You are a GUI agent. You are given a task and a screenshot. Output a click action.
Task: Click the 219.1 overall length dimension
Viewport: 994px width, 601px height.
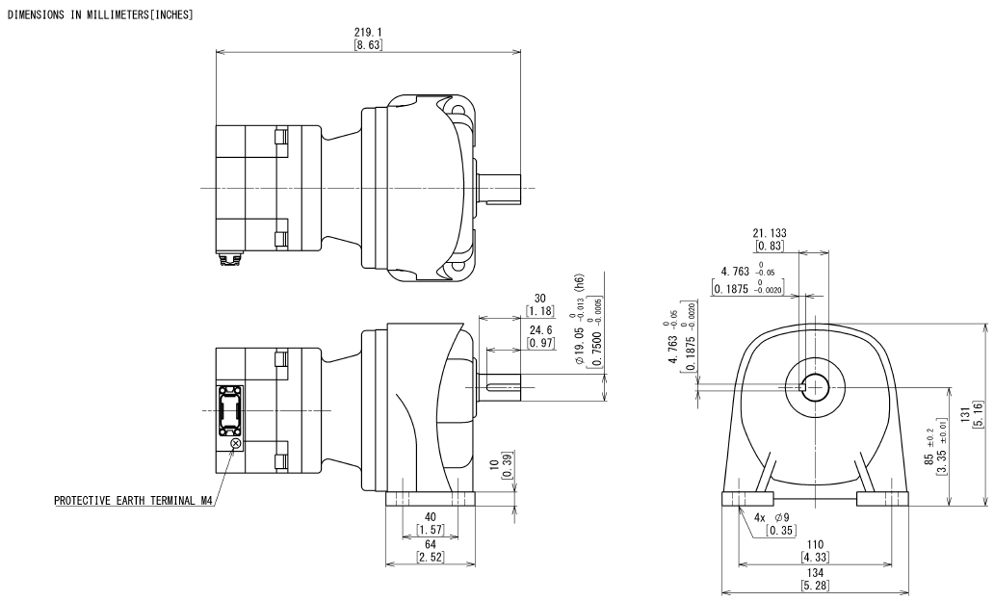[x=368, y=32]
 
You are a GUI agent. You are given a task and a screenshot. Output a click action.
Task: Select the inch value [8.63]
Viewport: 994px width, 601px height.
[x=368, y=45]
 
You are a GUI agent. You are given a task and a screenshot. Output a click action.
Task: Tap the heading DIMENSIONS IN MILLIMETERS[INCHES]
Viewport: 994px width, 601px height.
[x=100, y=14]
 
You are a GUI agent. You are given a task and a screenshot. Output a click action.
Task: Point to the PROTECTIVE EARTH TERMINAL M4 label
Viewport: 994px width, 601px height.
[x=133, y=500]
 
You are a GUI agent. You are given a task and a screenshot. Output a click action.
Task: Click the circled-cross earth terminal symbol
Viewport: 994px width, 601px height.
[x=235, y=444]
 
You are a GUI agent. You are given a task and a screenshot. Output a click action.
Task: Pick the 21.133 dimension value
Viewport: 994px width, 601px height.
[x=770, y=233]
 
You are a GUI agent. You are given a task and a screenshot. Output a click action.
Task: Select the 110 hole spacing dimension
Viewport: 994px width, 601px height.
[x=815, y=544]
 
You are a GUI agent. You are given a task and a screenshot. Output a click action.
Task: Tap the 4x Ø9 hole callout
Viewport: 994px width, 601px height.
[x=772, y=517]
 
